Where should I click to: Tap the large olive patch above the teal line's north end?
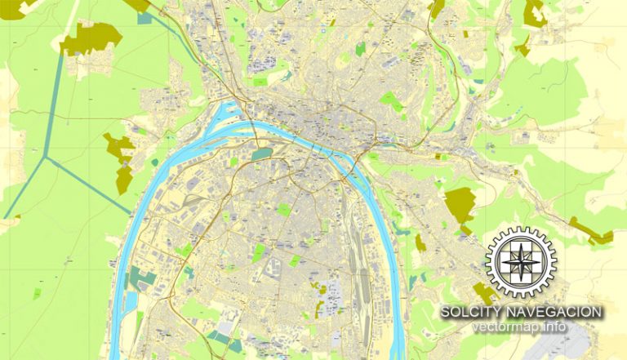pos(89,38)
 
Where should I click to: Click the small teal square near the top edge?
pos(145,17)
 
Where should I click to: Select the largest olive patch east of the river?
pos(460,203)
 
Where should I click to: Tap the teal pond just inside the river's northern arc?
pos(261,153)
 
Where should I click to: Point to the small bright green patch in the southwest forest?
pos(37,291)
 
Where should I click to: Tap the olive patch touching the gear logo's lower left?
pos(484,293)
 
